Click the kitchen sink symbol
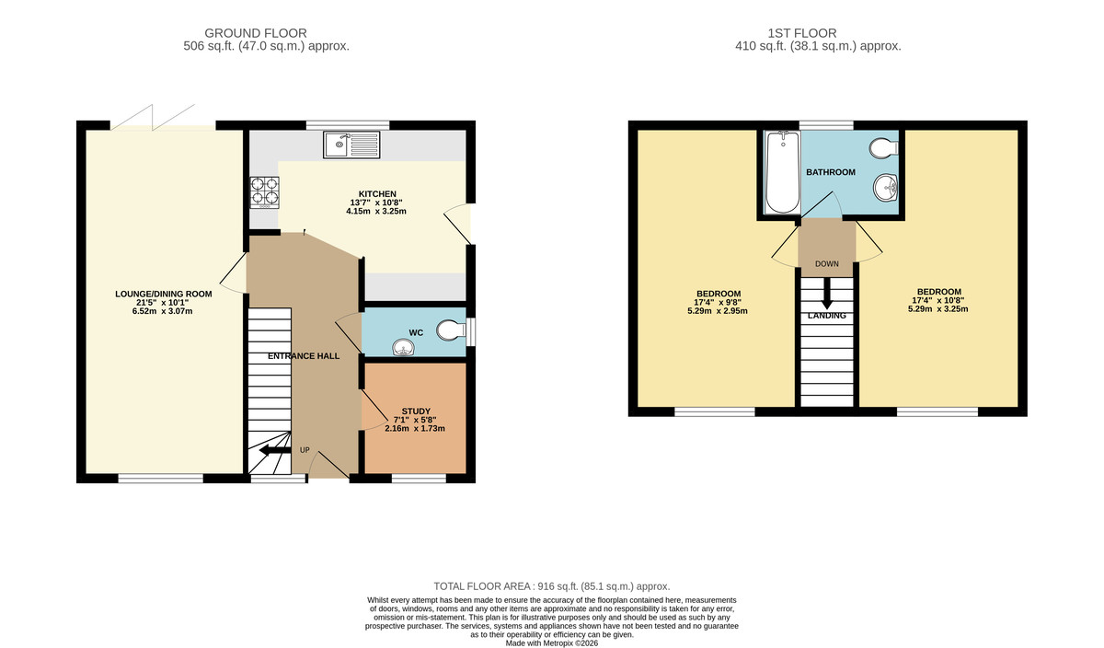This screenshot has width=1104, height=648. (351, 144)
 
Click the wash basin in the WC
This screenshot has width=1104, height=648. (403, 347)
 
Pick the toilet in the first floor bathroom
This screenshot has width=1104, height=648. (883, 147)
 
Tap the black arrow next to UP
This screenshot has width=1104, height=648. (274, 451)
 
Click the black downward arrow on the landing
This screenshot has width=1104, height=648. (826, 296)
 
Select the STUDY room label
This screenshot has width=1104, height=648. (416, 411)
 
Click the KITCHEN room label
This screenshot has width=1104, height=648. (376, 194)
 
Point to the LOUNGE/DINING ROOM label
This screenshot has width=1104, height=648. (163, 295)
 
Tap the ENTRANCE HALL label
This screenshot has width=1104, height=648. (304, 356)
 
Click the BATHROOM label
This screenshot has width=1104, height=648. (831, 172)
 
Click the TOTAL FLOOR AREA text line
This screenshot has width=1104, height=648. (552, 586)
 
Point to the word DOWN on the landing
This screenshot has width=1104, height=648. (826, 264)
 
